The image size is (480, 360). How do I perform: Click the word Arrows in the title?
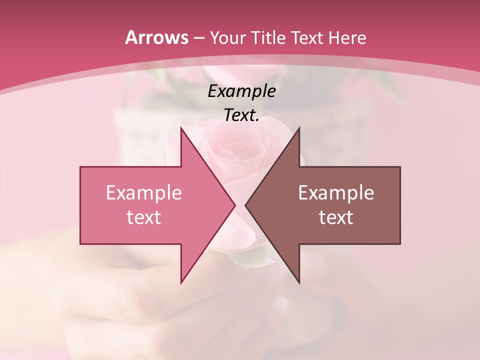[x=156, y=37]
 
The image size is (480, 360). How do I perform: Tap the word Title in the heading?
[x=269, y=37]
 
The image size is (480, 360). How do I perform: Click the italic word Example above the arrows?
[x=241, y=91]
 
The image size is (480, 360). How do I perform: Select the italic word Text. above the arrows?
[x=241, y=115]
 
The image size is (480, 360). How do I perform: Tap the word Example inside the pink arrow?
[x=143, y=192]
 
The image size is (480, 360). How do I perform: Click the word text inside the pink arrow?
[x=143, y=217]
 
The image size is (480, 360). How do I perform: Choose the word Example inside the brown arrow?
[x=336, y=192]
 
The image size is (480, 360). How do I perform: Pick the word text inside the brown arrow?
[x=336, y=217]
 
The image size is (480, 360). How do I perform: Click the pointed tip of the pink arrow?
[x=234, y=205]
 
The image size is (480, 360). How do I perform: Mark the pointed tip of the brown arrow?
[x=245, y=205]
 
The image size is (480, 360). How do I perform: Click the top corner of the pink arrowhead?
[x=181, y=128]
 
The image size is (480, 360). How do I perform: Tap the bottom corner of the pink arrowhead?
[x=181, y=283]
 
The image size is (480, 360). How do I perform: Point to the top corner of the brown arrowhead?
[x=299, y=128]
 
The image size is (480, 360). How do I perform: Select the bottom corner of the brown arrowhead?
[x=299, y=283]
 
